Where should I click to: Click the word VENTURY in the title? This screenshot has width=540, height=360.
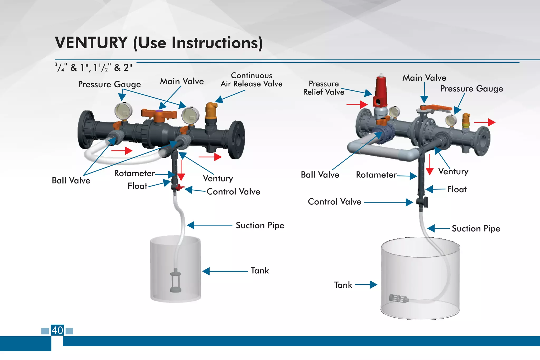click(91, 43)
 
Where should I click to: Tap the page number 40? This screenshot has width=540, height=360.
click(57, 330)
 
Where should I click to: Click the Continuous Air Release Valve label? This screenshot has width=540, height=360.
click(252, 80)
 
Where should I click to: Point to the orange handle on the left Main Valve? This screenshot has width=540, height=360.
click(158, 114)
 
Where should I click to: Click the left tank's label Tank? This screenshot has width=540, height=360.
click(259, 271)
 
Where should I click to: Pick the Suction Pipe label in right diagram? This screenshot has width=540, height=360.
click(476, 228)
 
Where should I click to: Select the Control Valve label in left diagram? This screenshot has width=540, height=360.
click(233, 191)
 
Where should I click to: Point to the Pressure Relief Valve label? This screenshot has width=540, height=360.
click(324, 88)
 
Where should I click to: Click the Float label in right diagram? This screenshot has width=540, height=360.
click(457, 189)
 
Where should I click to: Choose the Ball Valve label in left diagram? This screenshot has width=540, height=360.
click(71, 180)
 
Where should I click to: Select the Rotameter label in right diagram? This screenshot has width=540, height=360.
click(376, 175)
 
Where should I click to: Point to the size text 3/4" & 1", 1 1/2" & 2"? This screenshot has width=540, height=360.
click(93, 68)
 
